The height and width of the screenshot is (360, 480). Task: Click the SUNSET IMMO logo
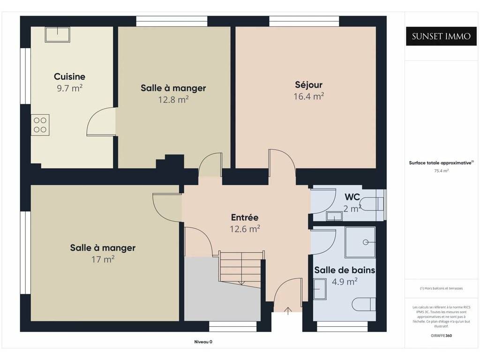441,36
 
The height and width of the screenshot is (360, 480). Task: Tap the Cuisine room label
69,76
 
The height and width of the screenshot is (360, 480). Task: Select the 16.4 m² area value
308,96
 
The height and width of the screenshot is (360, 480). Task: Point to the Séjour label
308,84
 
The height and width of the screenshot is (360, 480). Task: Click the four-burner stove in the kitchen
40,125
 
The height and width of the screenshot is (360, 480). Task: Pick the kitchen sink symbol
58,34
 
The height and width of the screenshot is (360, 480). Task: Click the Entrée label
245,217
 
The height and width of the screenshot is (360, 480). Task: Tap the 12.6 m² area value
245,229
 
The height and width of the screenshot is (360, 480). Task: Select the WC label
352,197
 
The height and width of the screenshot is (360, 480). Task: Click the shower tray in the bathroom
360,242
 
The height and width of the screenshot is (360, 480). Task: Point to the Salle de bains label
345,270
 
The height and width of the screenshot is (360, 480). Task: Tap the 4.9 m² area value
345,281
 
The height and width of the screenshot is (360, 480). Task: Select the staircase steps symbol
240,269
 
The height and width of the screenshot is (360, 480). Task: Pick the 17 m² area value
103,259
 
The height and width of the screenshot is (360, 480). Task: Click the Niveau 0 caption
203,342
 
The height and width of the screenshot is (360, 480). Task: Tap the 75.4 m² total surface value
441,171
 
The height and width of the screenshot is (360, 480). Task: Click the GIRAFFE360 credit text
441,336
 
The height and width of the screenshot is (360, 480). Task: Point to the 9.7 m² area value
69,88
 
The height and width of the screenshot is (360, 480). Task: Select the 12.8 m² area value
173,99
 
